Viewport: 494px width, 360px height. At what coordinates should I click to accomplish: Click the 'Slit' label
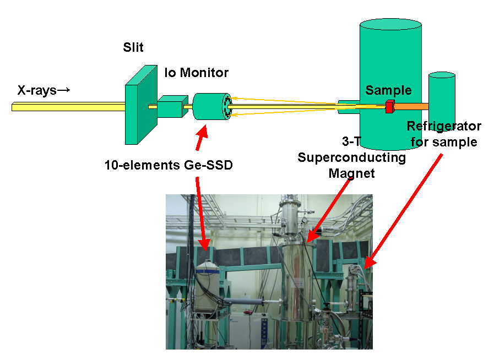click(x=133, y=47)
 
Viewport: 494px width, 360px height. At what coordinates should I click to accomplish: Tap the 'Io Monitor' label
click(x=197, y=72)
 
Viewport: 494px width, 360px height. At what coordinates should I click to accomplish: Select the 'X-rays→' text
click(x=44, y=90)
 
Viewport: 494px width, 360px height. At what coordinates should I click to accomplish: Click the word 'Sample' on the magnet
click(x=388, y=90)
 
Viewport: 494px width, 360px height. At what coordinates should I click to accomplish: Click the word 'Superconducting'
click(x=351, y=158)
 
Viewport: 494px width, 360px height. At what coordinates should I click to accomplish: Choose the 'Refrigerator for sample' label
click(x=443, y=134)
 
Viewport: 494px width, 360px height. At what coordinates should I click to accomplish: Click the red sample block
click(x=389, y=106)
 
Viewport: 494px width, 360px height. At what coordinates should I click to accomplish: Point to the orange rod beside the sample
click(x=411, y=106)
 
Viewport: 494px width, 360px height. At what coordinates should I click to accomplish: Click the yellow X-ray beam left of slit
click(x=66, y=107)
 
